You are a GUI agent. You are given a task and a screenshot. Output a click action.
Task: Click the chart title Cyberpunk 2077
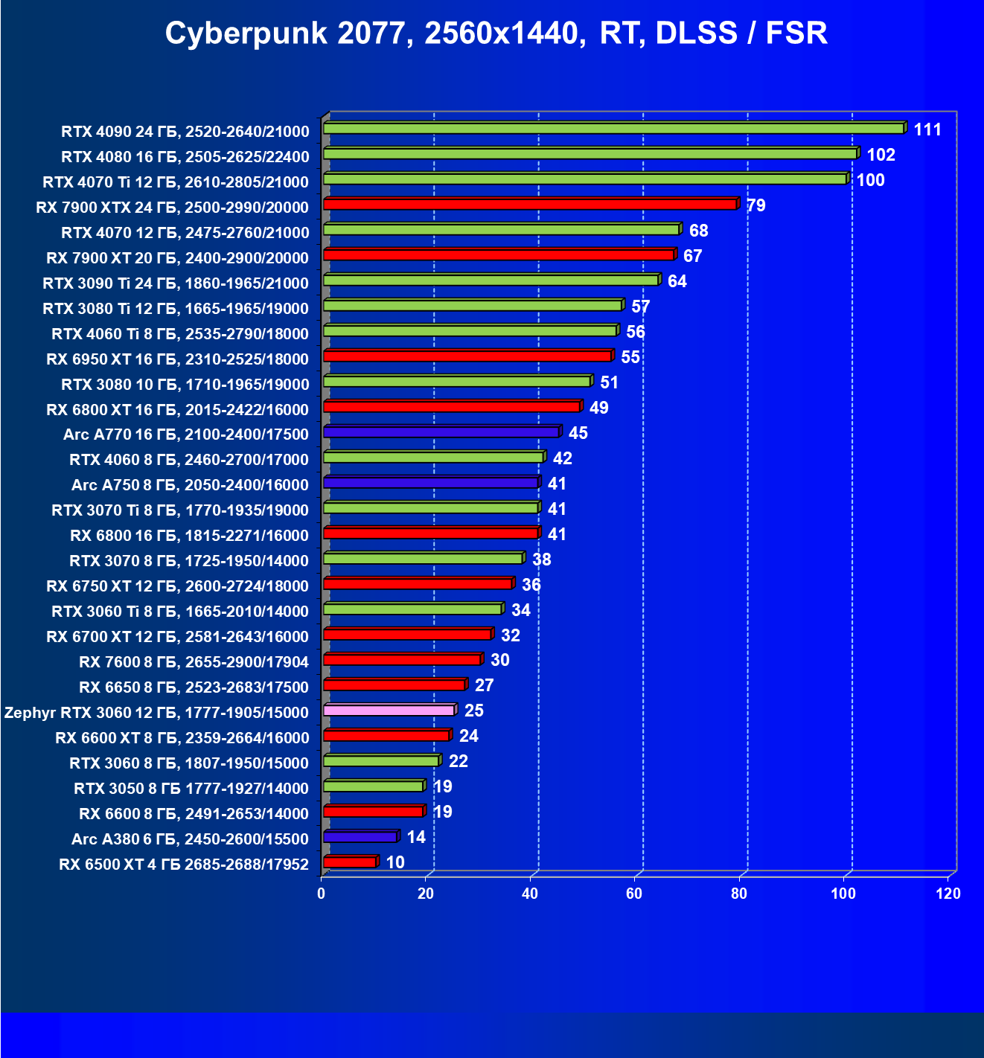tap(496, 33)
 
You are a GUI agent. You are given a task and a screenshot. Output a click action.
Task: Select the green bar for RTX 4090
tap(613, 129)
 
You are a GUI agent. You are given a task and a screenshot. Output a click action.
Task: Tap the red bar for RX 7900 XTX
tap(530, 204)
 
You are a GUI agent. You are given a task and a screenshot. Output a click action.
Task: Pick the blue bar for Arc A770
tap(441, 432)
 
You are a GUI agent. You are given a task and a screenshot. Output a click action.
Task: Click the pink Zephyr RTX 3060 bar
tap(389, 710)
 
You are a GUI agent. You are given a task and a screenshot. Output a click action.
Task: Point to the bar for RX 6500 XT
tap(350, 862)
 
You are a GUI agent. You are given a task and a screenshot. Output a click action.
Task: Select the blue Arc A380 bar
tap(360, 836)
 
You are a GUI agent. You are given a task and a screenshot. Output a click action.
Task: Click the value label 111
tap(927, 130)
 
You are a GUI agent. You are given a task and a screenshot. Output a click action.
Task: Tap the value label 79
tap(755, 206)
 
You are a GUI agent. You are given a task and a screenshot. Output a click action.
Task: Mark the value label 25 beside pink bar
tap(474, 711)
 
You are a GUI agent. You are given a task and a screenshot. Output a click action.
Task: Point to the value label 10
tap(395, 863)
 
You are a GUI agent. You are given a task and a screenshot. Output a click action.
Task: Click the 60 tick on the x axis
tap(634, 894)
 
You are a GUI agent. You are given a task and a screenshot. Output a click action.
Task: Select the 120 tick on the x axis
tap(948, 894)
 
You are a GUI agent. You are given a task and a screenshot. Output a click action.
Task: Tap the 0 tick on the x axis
tap(322, 894)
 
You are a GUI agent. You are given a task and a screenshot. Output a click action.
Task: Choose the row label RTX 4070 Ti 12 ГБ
tap(176, 182)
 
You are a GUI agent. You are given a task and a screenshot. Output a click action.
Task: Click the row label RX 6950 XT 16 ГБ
tap(177, 359)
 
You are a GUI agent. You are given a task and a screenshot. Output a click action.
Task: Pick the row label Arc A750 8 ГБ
tap(190, 485)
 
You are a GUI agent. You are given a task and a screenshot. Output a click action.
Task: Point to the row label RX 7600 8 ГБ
tap(194, 662)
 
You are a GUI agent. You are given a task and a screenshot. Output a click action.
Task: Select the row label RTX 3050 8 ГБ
tap(191, 789)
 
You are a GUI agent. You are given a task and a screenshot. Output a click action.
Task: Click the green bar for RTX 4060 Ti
tap(470, 330)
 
